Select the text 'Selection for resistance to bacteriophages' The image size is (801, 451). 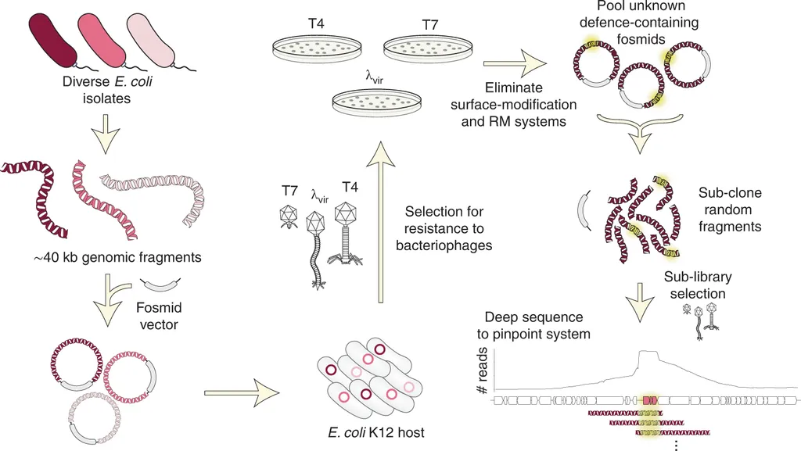click(x=444, y=229)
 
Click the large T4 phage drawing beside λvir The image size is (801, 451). click(x=346, y=227)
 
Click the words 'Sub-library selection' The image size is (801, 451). click(x=695, y=286)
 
